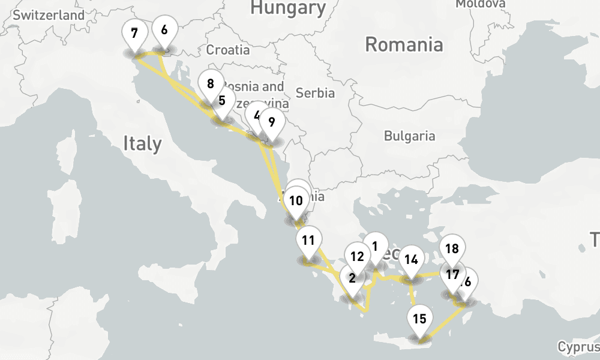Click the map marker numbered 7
[133, 34]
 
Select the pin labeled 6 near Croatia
[164, 29]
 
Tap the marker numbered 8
[210, 84]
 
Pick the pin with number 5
[222, 101]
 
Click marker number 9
[272, 122]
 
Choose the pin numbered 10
[295, 200]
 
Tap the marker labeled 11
[308, 241]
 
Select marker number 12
[357, 257]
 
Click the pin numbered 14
[411, 260]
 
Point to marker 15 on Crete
[420, 319]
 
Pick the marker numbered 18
[452, 248]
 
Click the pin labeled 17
[452, 275]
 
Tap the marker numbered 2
[352, 278]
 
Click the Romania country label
[404, 44]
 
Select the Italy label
[142, 143]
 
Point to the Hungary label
[288, 8]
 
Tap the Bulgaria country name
[409, 136]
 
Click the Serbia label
[315, 93]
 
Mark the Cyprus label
[578, 347]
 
